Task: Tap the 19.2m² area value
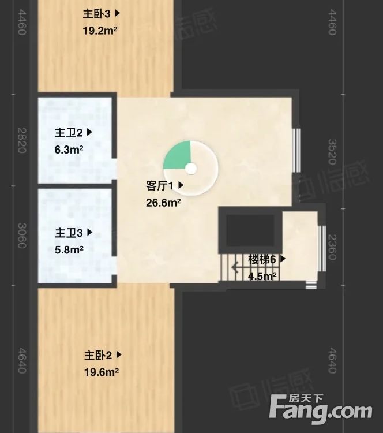100,30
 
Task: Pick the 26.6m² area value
164,203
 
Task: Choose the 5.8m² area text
69,250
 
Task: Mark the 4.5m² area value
262,276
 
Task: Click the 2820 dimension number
22,140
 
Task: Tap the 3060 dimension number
22,236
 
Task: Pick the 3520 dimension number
332,151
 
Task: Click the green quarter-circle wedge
176,156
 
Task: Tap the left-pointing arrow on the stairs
235,267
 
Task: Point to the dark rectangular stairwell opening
249,230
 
